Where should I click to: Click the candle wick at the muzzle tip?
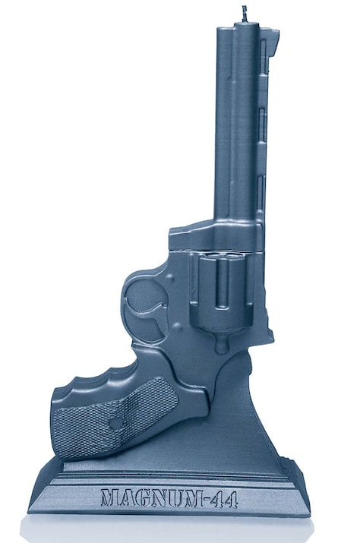(x=245, y=14)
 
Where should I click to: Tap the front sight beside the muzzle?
(x=273, y=42)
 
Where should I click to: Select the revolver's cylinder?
(x=221, y=291)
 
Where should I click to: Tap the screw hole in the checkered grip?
(x=117, y=422)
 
